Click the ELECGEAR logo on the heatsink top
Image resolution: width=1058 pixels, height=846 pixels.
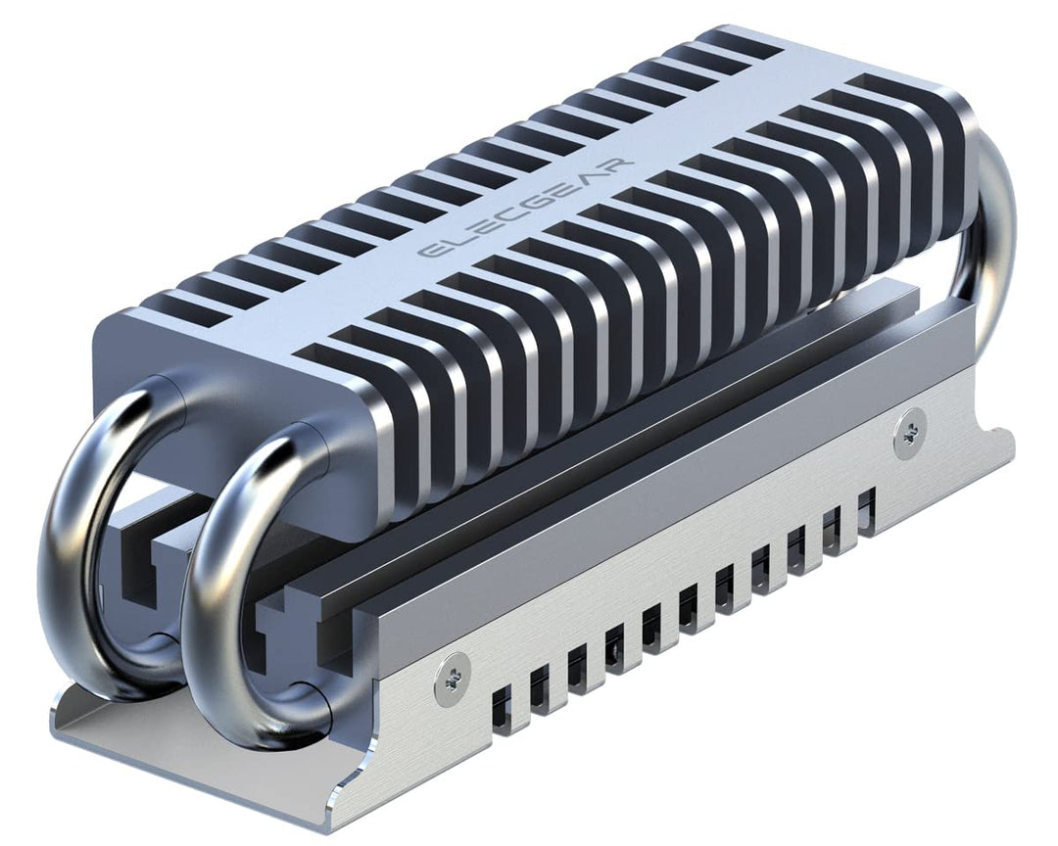526,207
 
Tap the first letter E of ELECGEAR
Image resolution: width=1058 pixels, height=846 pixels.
428,252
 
